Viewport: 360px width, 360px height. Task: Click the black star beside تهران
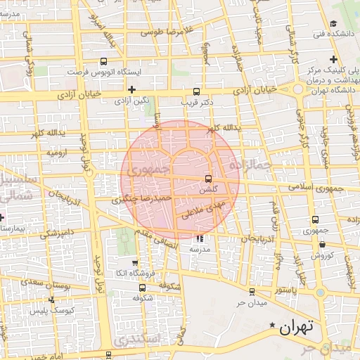click(x=273, y=325)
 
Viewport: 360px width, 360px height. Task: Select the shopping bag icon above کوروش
click(x=322, y=245)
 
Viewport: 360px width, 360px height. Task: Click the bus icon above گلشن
click(x=207, y=179)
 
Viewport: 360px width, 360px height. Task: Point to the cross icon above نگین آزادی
click(x=131, y=89)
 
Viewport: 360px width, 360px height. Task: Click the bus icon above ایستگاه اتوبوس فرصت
click(x=104, y=61)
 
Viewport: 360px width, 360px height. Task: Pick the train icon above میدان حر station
click(x=252, y=291)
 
